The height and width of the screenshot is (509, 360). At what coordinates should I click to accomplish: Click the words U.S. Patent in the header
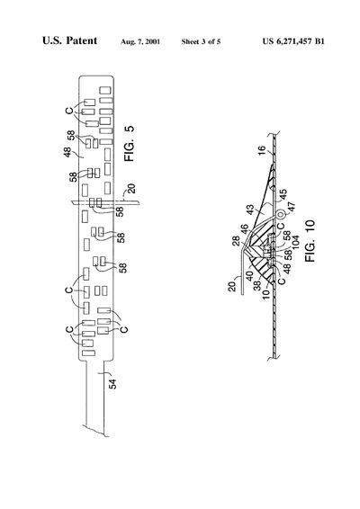coord(69,40)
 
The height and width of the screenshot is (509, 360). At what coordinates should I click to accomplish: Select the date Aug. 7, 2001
coord(140,41)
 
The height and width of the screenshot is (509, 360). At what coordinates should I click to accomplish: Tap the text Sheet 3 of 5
coord(201,41)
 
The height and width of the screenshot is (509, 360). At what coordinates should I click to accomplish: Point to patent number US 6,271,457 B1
coord(293,41)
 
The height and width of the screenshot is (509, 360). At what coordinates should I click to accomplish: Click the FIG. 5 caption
coord(129,144)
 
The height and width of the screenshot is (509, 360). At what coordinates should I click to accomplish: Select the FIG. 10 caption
coord(310,240)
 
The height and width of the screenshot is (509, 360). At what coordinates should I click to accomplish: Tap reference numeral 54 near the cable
coord(112,384)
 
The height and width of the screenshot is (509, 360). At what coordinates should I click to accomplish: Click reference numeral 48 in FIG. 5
coord(67,152)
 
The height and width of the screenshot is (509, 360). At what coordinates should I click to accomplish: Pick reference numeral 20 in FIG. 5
coord(131,189)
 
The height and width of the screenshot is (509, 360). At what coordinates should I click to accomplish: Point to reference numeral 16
coord(262,150)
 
